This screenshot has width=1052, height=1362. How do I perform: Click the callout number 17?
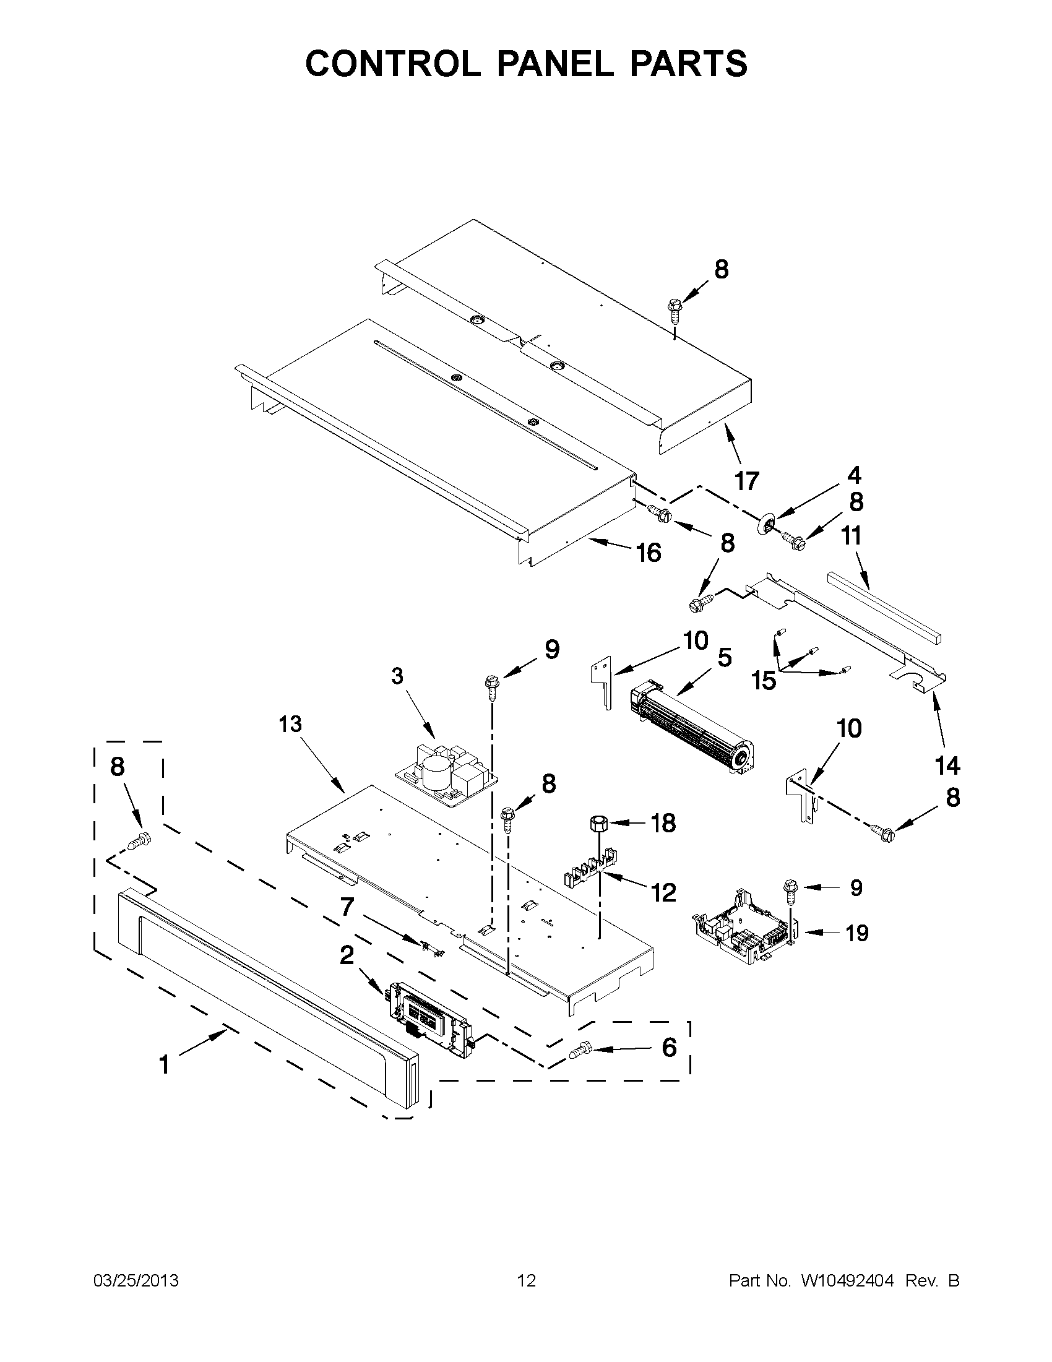point(746,481)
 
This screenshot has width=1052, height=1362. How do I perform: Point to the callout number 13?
point(291,723)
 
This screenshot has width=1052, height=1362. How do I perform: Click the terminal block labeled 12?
point(589,869)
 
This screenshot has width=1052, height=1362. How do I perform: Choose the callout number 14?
point(947,765)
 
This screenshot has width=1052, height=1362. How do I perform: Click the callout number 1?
point(164,1064)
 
